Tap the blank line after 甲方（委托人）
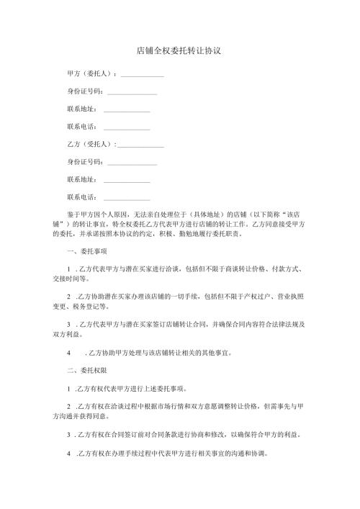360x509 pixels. [x=143, y=76]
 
